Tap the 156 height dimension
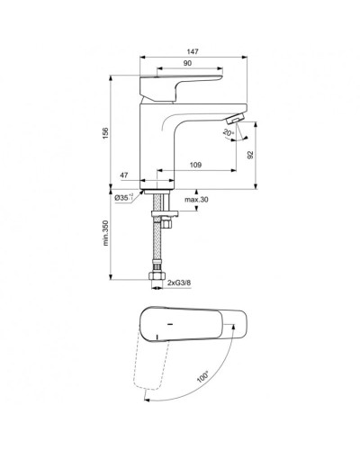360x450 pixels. (105, 132)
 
